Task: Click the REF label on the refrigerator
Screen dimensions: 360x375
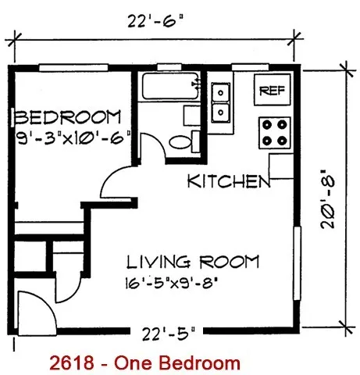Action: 272,91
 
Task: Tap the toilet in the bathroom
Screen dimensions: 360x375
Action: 184,141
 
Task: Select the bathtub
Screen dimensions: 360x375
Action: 171,87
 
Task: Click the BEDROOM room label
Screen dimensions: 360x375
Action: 68,117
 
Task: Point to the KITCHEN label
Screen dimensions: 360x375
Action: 229,181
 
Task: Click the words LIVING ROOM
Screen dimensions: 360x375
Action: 193,262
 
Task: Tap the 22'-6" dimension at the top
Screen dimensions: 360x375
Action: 155,21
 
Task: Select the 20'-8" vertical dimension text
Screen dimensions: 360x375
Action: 327,199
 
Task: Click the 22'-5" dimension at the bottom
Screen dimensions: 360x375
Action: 168,334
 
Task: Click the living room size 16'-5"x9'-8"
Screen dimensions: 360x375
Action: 171,283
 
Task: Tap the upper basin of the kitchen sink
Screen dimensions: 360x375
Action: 220,92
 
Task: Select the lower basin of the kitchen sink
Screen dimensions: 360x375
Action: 220,112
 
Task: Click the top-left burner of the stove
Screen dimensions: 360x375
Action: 267,125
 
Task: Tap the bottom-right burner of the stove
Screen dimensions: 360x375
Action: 282,141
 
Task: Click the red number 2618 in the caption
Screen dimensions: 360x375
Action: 72,362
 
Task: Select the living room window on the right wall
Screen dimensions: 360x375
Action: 297,263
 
